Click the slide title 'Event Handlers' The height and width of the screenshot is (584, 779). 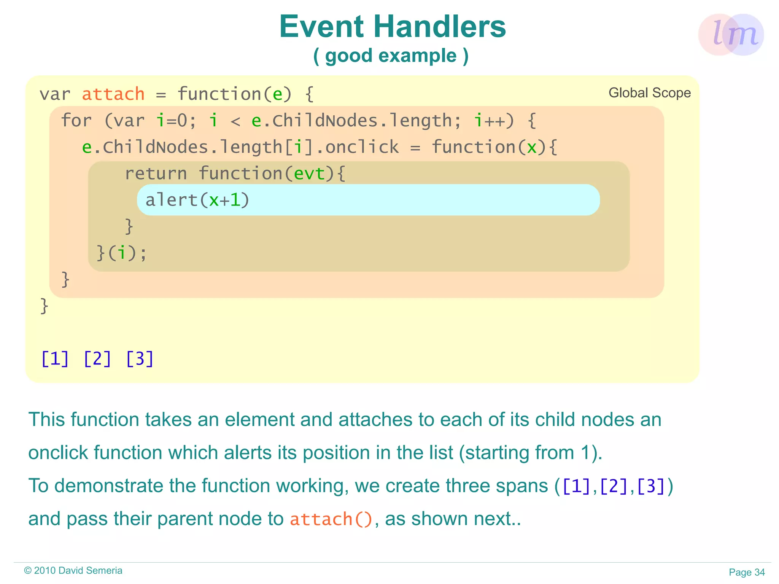[392, 27]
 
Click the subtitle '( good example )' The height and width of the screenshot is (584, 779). [391, 56]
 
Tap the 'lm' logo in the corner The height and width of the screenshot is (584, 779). [731, 35]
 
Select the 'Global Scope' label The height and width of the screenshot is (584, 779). [649, 93]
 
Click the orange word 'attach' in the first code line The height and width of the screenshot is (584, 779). [113, 94]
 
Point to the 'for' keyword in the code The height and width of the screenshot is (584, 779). [76, 121]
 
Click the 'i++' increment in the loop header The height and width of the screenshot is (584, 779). [493, 121]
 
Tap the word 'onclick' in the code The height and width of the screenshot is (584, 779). [362, 147]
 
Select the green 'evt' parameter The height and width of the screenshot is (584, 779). [310, 174]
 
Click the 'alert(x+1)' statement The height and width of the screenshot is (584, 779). [197, 200]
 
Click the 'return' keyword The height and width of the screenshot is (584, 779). [156, 174]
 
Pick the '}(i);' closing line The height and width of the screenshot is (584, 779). [121, 253]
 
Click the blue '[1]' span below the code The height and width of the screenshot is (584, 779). [55, 359]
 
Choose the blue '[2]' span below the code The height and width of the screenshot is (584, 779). [97, 359]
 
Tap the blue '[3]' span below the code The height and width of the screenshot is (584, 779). [140, 359]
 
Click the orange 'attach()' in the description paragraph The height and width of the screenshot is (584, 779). [331, 519]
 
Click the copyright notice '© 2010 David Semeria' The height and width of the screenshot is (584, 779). [73, 570]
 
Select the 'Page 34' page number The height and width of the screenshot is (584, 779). [746, 572]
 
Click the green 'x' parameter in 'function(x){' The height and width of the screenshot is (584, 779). [531, 147]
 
